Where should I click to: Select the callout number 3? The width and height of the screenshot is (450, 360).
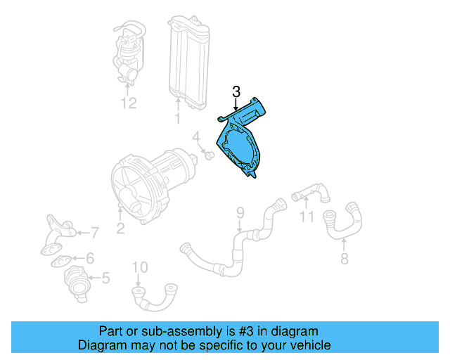(236, 91)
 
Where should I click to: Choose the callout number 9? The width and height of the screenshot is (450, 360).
(239, 212)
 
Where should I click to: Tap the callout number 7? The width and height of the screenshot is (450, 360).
(95, 231)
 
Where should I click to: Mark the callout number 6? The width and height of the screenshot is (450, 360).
(90, 258)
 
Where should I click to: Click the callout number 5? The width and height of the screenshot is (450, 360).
(105, 278)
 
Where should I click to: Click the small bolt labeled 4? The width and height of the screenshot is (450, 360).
(209, 154)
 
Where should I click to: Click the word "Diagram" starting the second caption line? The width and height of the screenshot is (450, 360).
(99, 345)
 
